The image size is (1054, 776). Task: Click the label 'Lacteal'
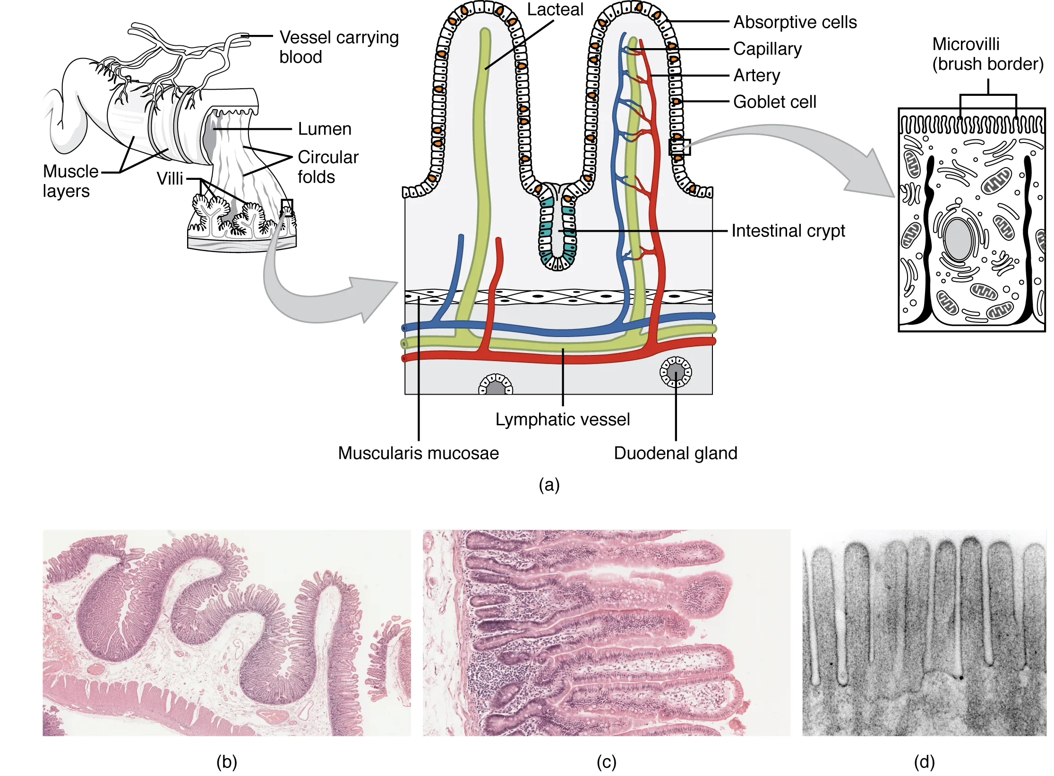click(x=555, y=10)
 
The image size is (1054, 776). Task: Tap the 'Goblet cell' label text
click(x=774, y=102)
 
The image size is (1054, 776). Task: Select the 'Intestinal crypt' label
click(x=788, y=231)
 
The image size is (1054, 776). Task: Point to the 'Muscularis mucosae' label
click(x=418, y=453)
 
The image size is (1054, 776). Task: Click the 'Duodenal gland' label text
click(x=675, y=453)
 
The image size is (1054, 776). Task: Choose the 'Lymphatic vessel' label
click(x=562, y=420)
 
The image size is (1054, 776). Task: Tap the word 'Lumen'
click(x=325, y=129)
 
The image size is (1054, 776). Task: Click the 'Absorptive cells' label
click(x=795, y=22)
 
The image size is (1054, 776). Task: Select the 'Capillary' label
click(x=767, y=49)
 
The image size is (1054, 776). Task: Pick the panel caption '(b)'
click(x=226, y=762)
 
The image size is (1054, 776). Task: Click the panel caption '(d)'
click(x=924, y=762)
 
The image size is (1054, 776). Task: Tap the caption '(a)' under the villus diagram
click(x=549, y=485)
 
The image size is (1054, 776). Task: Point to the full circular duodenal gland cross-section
click(x=676, y=372)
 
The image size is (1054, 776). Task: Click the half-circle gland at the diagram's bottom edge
click(x=496, y=386)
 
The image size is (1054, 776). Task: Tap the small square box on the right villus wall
click(x=680, y=147)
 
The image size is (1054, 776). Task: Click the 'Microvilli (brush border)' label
click(x=987, y=54)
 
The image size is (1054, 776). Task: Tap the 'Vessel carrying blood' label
click(x=338, y=47)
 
